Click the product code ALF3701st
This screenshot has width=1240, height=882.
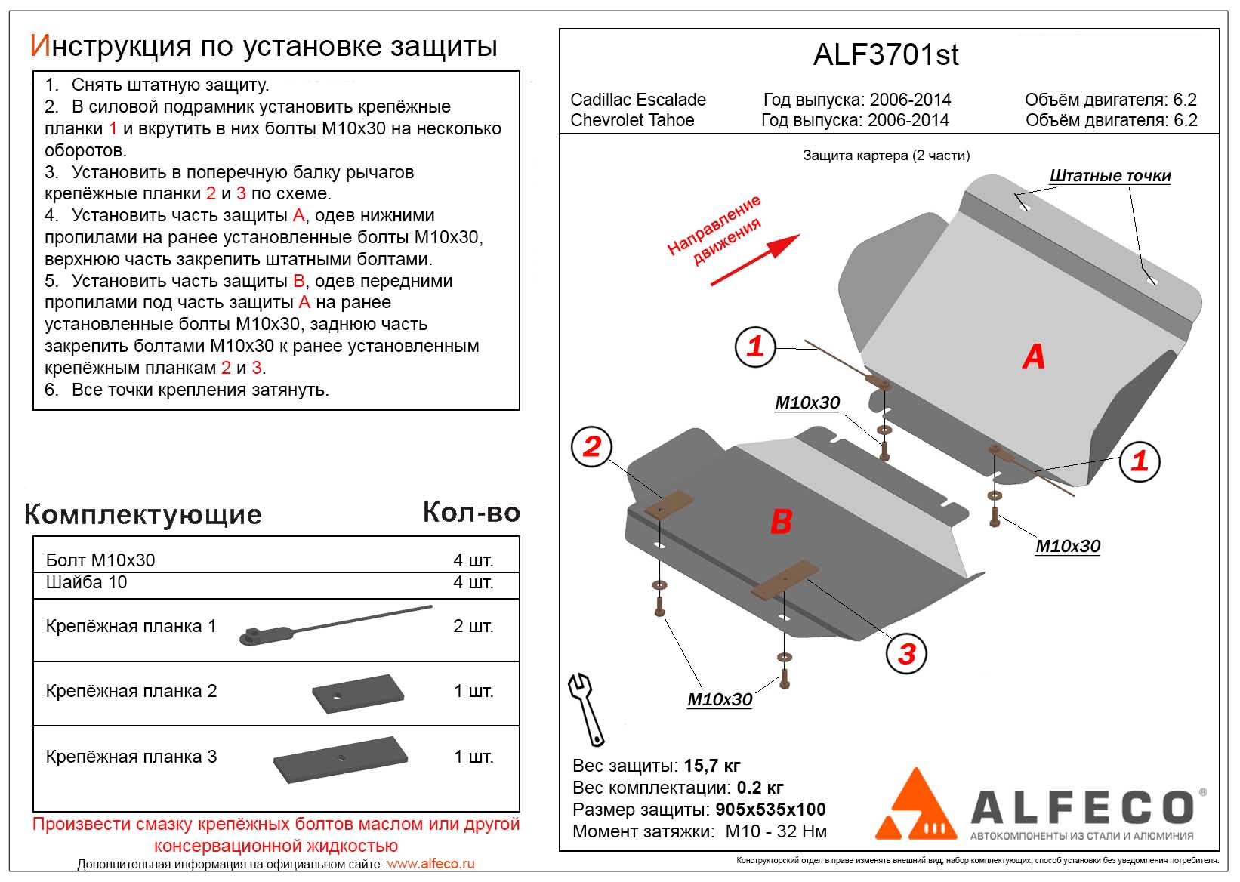pyautogui.click(x=886, y=55)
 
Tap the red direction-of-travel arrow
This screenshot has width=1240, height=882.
pyautogui.click(x=755, y=260)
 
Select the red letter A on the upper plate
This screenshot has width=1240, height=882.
pyautogui.click(x=1034, y=356)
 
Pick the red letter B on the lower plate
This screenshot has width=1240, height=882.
pyautogui.click(x=781, y=522)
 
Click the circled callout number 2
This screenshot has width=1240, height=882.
pyautogui.click(x=592, y=446)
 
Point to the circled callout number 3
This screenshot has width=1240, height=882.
pyautogui.click(x=907, y=653)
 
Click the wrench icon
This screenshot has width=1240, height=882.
pyautogui.click(x=585, y=708)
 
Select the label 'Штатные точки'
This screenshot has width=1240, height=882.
pyautogui.click(x=1109, y=176)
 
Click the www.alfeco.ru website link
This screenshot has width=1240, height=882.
pyautogui.click(x=430, y=864)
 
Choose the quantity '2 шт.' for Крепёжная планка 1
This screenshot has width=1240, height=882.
pyautogui.click(x=473, y=626)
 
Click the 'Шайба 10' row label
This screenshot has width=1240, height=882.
pyautogui.click(x=87, y=582)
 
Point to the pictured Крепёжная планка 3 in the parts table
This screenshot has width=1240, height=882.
pyautogui.click(x=341, y=758)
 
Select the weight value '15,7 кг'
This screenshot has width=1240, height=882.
pyautogui.click(x=711, y=766)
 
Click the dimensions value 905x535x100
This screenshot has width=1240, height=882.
pyautogui.click(x=770, y=810)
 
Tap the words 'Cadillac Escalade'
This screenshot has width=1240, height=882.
pyautogui.click(x=638, y=100)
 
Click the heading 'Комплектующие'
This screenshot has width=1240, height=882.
pyautogui.click(x=143, y=514)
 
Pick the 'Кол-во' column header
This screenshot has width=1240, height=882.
pyautogui.click(x=471, y=513)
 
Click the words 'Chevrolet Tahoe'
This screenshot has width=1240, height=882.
pyautogui.click(x=632, y=120)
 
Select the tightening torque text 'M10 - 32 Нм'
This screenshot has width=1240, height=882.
pyautogui.click(x=776, y=831)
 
